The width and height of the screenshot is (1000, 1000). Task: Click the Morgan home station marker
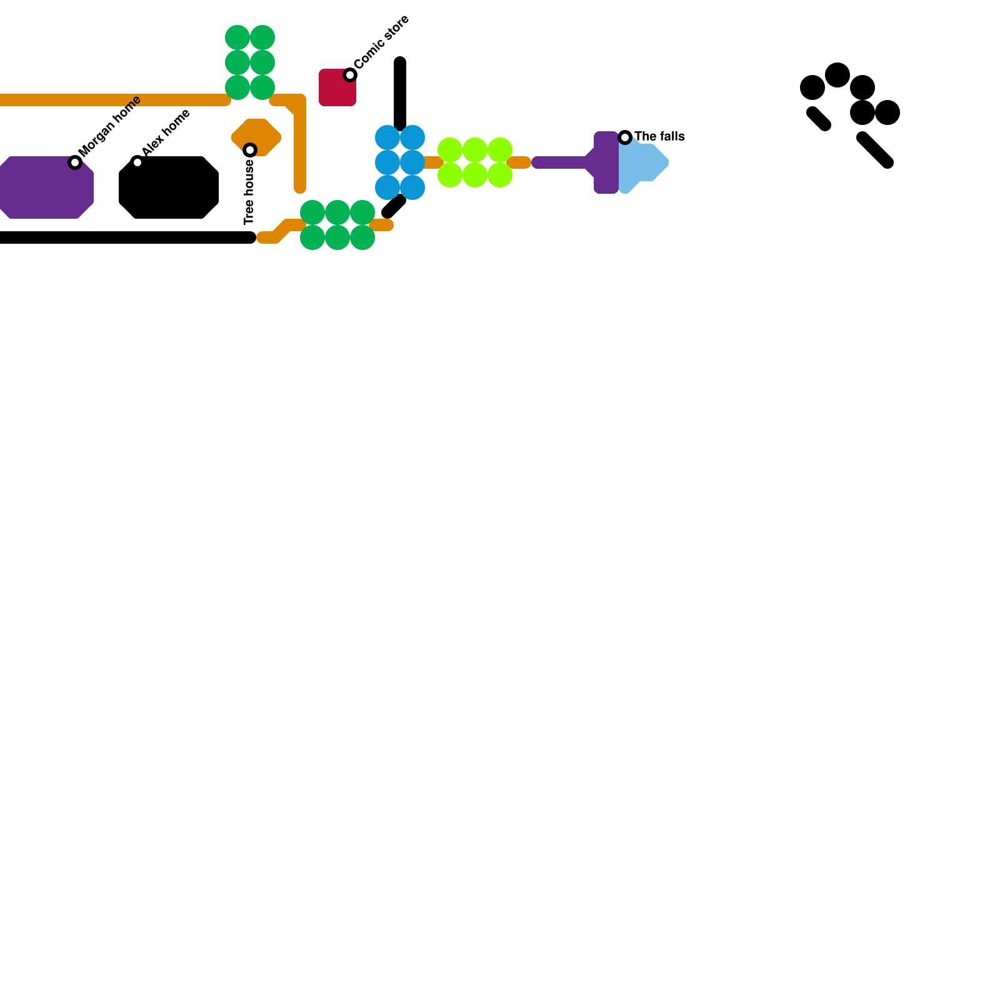click(75, 162)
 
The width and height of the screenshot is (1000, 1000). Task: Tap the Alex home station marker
click(137, 162)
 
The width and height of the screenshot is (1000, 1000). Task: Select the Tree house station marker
click(250, 150)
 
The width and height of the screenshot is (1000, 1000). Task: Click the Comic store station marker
click(350, 75)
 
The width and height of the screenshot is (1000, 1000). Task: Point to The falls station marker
click(625, 137)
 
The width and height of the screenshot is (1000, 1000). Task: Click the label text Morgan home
click(111, 126)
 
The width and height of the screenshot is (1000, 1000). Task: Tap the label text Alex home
click(166, 133)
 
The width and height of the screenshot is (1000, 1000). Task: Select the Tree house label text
click(249, 192)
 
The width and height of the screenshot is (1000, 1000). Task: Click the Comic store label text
click(382, 42)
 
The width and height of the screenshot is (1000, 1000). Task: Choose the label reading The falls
click(659, 136)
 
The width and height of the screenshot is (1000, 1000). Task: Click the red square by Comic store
click(337, 87)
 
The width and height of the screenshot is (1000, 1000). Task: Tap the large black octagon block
click(169, 187)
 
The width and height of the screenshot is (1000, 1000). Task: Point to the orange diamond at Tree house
click(256, 137)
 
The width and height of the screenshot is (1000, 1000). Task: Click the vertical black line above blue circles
click(400, 94)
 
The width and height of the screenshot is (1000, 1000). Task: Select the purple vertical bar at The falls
click(606, 162)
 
